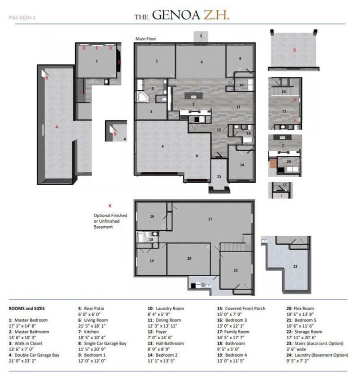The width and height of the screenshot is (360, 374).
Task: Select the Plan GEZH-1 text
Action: point(22,18)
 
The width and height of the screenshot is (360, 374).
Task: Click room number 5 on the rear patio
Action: point(201,36)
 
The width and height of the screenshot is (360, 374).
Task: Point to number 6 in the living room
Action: point(202,62)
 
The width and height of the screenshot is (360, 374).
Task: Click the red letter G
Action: point(294,50)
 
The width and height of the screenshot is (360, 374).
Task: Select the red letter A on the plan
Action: point(57,127)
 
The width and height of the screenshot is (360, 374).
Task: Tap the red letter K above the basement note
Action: point(109,205)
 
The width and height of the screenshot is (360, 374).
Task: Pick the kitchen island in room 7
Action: point(192,95)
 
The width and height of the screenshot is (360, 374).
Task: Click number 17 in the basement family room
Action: point(210,219)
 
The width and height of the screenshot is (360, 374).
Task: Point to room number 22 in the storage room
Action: point(295,266)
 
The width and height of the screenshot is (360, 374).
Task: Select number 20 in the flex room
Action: point(189,258)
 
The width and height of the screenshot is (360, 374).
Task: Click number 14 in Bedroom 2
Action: point(241,164)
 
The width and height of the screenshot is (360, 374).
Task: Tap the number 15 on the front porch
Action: point(218,176)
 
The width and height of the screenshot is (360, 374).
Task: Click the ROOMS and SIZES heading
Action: point(26,309)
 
